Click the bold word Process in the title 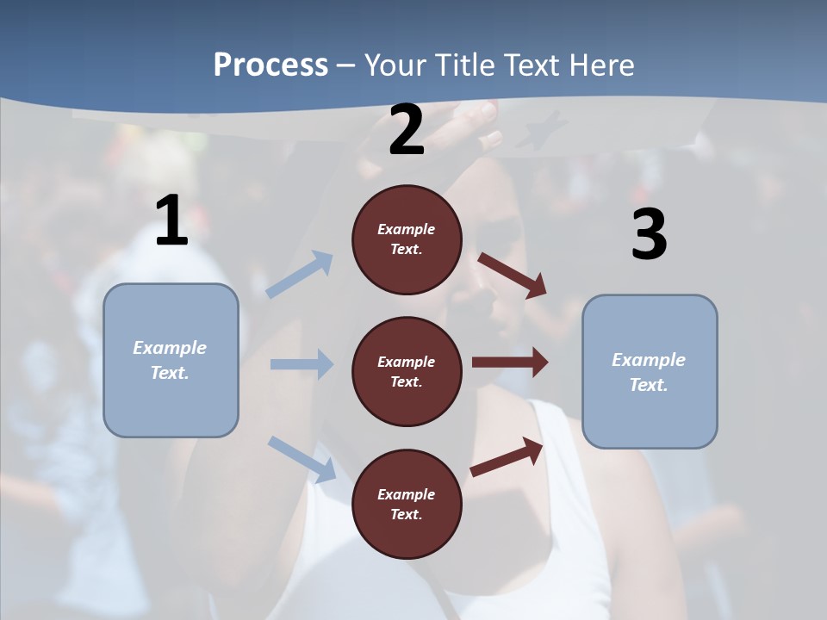coord(270,65)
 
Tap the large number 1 coord(171,221)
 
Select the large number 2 coord(407,130)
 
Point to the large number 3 coord(649,235)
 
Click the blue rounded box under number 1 coord(171,360)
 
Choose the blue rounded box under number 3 coord(650,371)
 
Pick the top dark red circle coord(407,239)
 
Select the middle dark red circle coord(407,371)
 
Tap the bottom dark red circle coord(407,504)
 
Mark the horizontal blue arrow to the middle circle coord(302,364)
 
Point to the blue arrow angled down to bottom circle coord(302,459)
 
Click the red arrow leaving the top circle coord(512,275)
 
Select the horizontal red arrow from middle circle coord(510,363)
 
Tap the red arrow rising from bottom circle coord(507,456)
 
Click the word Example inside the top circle coord(407,229)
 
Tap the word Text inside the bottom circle coord(405,514)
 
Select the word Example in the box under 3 coord(649,360)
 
